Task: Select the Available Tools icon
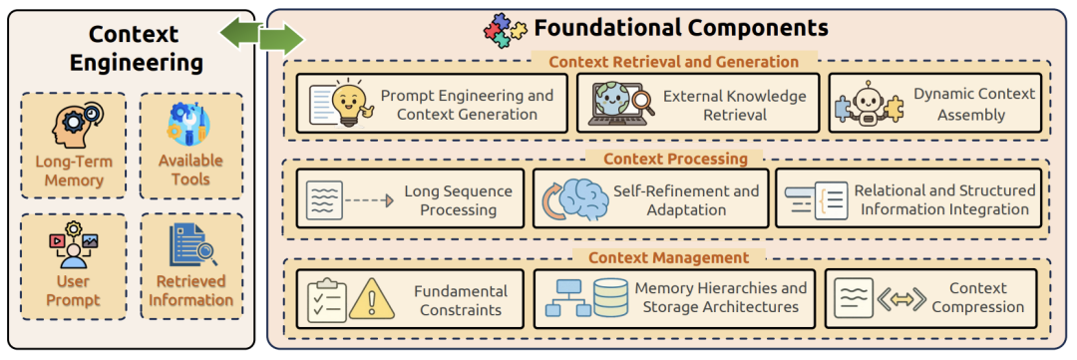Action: point(190,126)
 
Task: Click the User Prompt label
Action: point(74,290)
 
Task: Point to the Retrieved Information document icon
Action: point(190,245)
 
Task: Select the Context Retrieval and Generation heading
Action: point(674,62)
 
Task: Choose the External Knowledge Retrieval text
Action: point(735,105)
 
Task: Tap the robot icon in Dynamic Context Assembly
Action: point(868,104)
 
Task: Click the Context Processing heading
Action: point(674,159)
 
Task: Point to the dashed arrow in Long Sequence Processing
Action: point(368,199)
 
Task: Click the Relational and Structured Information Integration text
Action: point(944,199)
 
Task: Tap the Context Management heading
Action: point(668,258)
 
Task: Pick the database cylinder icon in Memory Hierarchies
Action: point(611,300)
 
